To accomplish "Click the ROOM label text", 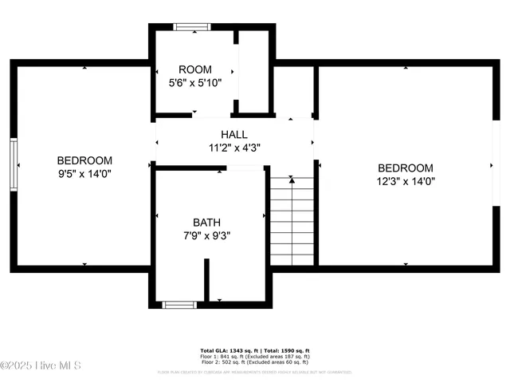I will coord(195,69).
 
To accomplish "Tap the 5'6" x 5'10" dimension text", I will coord(195,82).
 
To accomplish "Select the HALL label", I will coord(234,134).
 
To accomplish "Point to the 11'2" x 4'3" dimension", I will coord(234,147).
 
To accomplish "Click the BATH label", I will coord(206,222).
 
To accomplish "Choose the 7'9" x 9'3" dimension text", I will coord(206,235).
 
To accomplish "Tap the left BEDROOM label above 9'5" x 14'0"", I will coord(84,160).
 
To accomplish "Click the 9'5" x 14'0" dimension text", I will coord(84,173).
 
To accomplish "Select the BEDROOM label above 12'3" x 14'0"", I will coord(406,168).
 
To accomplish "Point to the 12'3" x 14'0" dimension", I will coord(406,180).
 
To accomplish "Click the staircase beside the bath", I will coord(292,222).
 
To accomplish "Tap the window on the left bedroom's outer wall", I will coord(14,164).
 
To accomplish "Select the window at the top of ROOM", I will coord(192,26).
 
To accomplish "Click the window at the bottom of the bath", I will coord(179,304).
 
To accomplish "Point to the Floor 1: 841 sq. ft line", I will coord(254,357).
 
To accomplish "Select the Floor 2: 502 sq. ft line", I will coord(254,362).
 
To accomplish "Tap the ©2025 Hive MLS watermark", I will coord(41,365).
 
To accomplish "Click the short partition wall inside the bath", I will coord(206,279).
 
